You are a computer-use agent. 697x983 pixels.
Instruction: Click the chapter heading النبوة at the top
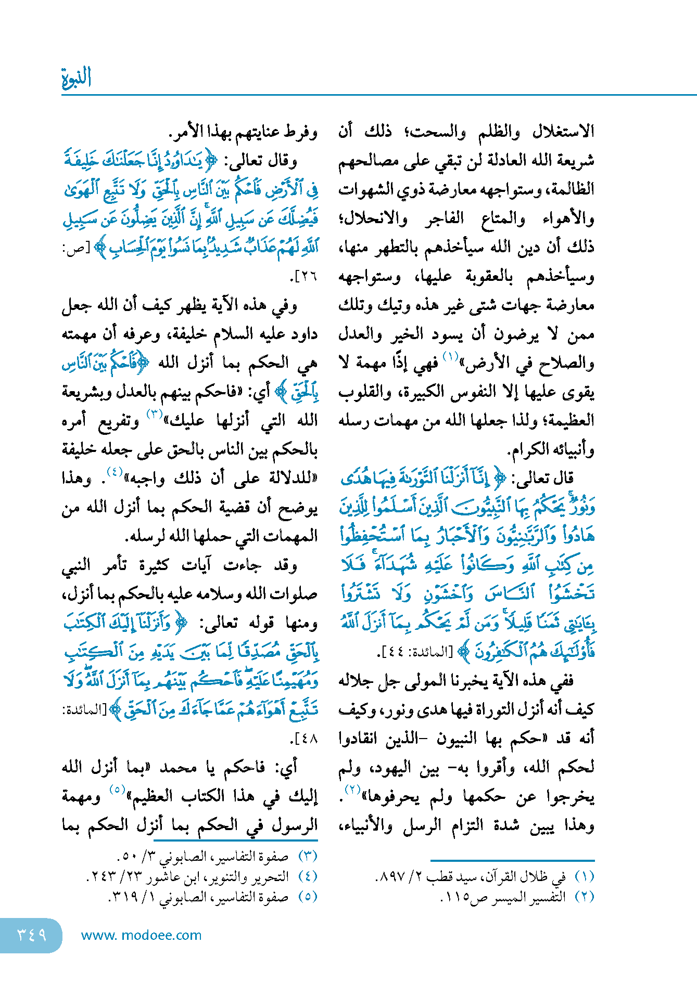tap(77, 77)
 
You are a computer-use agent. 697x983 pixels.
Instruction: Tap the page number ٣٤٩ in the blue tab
tap(31, 935)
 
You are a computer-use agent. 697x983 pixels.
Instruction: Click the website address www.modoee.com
tap(141, 935)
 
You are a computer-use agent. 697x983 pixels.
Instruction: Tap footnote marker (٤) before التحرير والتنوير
tap(308, 876)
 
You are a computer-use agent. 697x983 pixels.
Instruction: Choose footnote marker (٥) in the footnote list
tap(308, 897)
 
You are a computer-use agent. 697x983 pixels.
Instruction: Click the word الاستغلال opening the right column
tap(563, 132)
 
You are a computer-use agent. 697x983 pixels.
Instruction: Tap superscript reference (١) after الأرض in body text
tap(450, 357)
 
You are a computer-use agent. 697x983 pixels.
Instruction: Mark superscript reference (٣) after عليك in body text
tap(155, 415)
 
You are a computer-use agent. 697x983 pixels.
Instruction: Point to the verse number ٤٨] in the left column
tap(306, 739)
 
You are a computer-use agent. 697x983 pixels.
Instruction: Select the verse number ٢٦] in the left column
tap(306, 276)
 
